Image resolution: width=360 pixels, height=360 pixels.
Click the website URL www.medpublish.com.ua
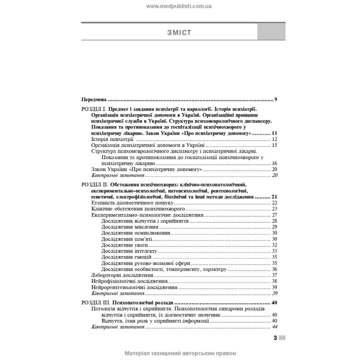tap(179, 6)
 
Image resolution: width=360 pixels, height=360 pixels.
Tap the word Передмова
tap(94, 99)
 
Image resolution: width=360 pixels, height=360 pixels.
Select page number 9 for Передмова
tap(275, 99)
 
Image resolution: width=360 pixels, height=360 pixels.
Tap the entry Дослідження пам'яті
tap(123, 238)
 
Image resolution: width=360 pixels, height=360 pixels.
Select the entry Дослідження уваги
tap(121, 244)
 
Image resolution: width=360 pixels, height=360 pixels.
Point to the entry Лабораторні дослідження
tap(122, 275)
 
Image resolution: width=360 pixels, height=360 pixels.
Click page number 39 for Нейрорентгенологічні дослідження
tap(274, 287)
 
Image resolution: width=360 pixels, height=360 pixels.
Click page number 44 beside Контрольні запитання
tap(274, 327)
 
